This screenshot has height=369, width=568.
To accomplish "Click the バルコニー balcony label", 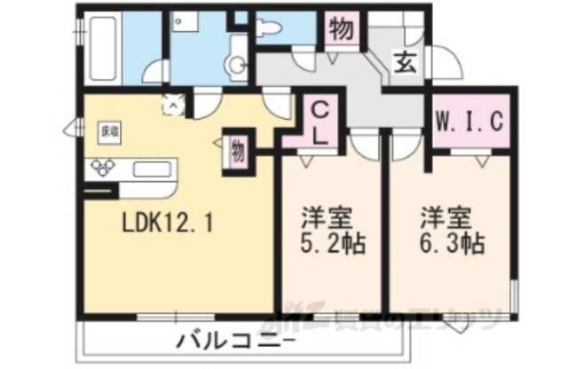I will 233,340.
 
